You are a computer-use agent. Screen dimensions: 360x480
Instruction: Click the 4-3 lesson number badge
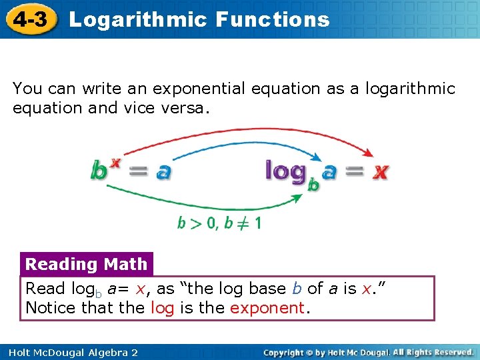pos(30,19)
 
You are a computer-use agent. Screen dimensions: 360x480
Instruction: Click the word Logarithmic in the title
pos(137,19)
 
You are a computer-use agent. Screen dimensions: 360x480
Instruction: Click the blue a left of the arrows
pos(163,172)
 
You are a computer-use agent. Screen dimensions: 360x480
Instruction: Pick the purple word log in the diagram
pos(286,172)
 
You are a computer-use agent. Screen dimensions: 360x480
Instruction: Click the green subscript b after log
pos(313,185)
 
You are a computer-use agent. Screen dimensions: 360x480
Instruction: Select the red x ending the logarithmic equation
pos(379,172)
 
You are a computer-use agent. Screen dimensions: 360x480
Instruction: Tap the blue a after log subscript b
pos(329,172)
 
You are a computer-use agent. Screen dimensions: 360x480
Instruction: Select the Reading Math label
pos(86,264)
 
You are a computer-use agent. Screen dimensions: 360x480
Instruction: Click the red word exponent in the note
pos(267,308)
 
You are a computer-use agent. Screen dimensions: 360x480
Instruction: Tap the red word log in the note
pos(162,308)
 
